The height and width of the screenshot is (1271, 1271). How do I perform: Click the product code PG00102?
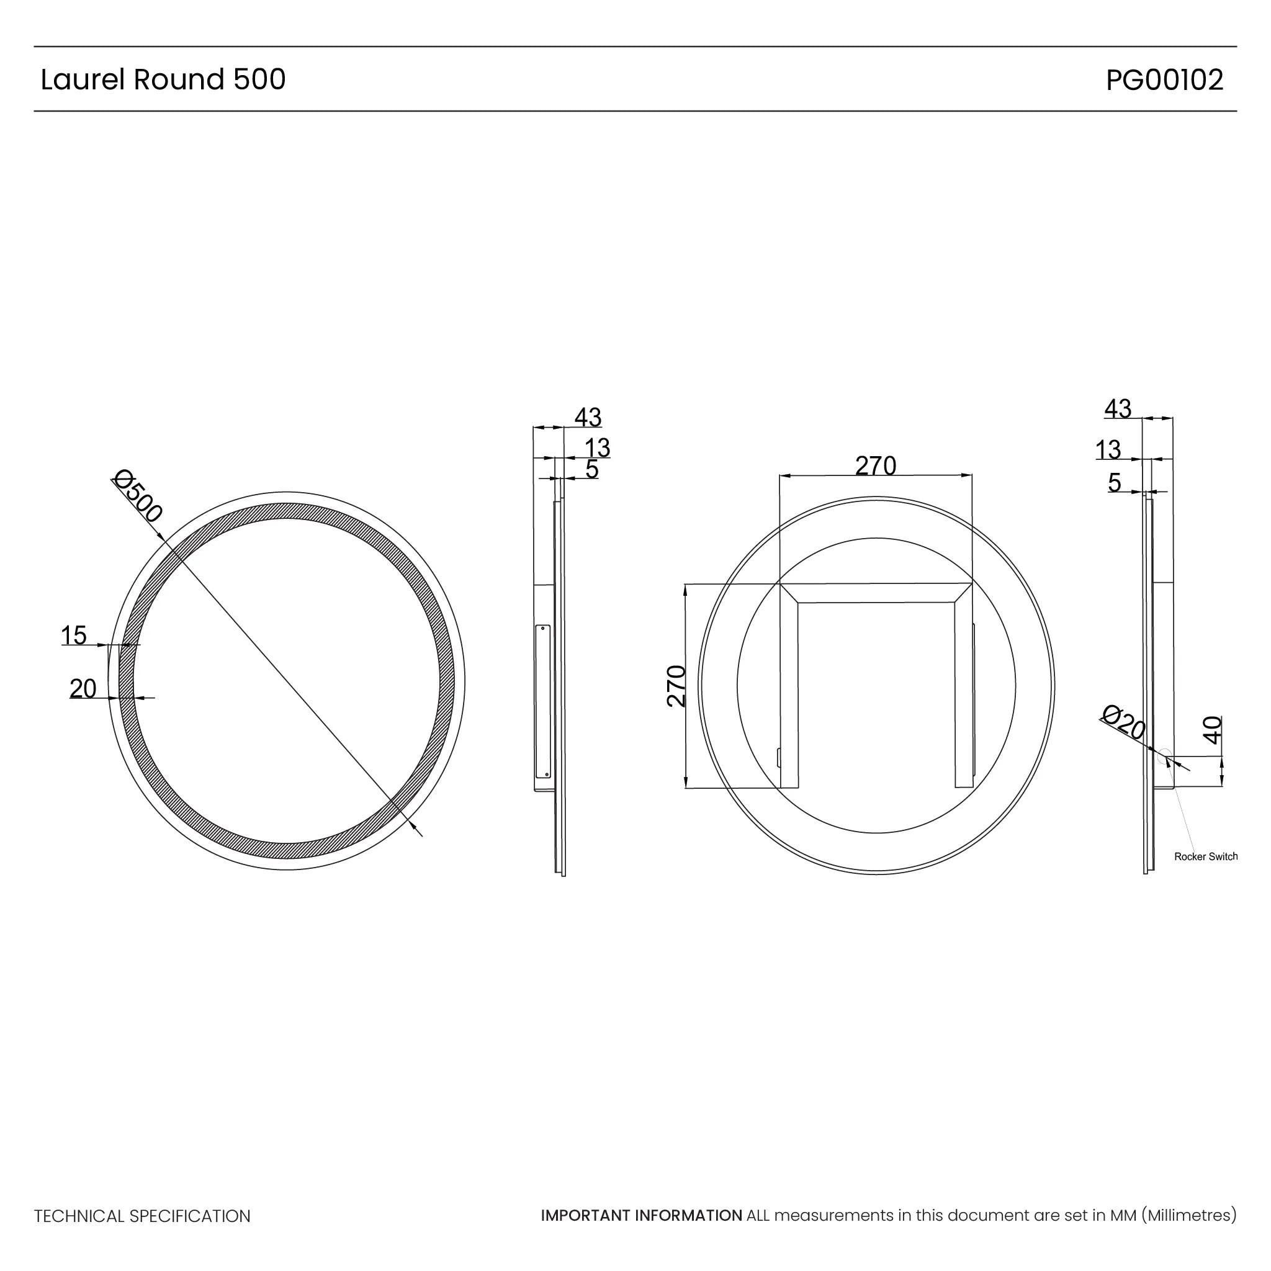(1164, 80)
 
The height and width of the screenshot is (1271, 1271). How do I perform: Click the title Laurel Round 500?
(163, 79)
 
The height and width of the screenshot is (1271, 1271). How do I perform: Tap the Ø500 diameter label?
(138, 495)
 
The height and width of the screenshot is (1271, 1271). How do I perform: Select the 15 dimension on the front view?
(74, 635)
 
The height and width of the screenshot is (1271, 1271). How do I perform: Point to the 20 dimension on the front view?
(83, 689)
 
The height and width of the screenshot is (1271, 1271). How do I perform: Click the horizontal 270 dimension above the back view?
(875, 466)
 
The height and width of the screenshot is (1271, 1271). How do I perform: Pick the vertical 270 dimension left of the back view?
(677, 686)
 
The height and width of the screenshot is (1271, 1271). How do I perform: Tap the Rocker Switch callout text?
(1205, 856)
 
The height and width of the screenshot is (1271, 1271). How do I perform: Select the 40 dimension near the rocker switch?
(1212, 730)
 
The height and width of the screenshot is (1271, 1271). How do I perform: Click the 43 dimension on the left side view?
(588, 417)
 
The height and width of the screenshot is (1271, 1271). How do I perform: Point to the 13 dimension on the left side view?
(598, 448)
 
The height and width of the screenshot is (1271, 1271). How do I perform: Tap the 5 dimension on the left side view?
(591, 469)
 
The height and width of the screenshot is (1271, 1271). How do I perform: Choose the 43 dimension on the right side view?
(1118, 408)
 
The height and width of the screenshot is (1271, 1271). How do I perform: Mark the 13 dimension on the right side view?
(1108, 450)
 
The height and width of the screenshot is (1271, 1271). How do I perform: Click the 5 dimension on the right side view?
(1114, 482)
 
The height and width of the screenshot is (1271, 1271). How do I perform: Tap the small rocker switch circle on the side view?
(1165, 756)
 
